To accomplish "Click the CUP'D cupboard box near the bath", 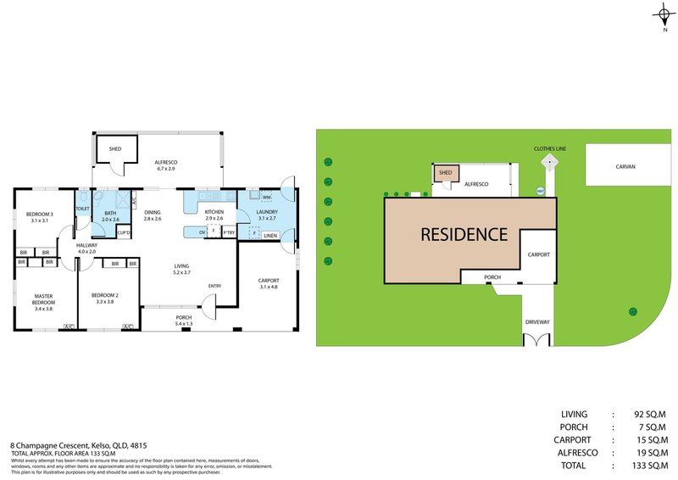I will pos(123,232).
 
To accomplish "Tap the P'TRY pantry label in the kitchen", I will pos(228,232).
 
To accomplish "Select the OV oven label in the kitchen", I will pos(202,232).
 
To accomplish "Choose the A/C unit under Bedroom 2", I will pos(128,327).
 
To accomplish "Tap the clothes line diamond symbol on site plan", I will pos(550,160).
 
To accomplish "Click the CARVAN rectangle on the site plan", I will pos(625,166).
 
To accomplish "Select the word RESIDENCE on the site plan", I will pos(464,235).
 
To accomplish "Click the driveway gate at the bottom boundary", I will pos(538,340).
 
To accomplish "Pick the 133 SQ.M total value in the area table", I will pos(650,465).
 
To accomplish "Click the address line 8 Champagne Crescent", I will pos(77,444).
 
